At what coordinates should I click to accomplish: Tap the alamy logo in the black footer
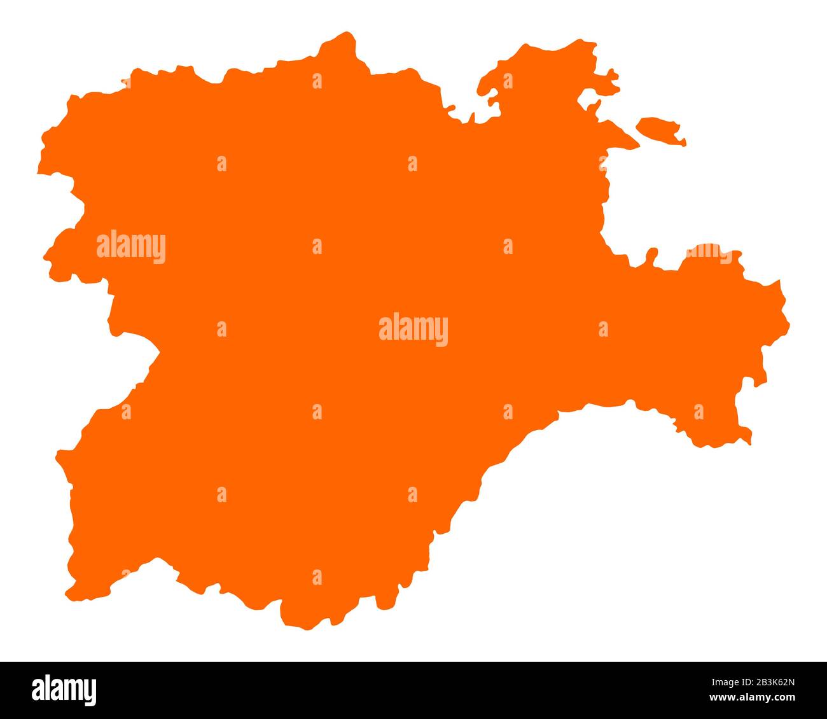point(64,690)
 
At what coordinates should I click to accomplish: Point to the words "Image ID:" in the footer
point(718,683)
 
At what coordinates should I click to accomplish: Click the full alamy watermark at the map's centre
point(413,329)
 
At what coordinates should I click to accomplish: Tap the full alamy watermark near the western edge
point(131,247)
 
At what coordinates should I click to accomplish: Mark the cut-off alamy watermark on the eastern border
point(709,253)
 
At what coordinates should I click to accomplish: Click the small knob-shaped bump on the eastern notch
point(651,255)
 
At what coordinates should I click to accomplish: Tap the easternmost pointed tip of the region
point(785,318)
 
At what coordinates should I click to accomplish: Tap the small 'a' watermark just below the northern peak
point(317,81)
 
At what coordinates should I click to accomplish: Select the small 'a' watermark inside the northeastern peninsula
point(508,81)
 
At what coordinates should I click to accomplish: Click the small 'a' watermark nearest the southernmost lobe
point(317,577)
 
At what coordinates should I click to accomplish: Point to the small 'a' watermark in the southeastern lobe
point(698,412)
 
